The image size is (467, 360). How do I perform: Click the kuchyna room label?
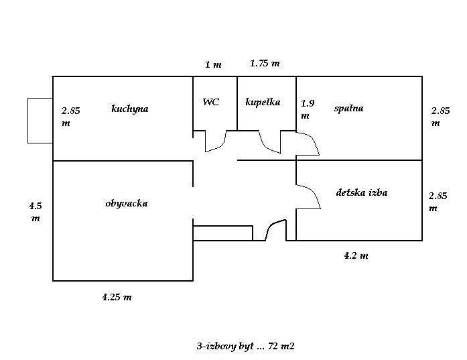[129, 109]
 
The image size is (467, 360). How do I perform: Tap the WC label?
[211, 102]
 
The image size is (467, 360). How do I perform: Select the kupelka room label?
[263, 102]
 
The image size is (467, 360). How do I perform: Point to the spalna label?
[348, 108]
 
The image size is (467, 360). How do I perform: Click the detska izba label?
[362, 192]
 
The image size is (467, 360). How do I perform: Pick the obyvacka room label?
[127, 204]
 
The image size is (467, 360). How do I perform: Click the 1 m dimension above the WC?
[213, 64]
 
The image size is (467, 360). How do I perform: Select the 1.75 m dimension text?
[265, 63]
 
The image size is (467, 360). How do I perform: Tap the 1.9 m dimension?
[308, 109]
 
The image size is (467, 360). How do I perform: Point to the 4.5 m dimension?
[36, 212]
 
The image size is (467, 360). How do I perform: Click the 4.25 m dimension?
[117, 297]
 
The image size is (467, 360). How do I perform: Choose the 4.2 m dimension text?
[356, 255]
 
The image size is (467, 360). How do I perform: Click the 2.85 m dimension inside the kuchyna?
[70, 117]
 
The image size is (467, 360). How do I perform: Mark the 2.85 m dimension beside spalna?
[440, 117]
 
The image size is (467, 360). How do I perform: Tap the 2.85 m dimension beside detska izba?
[438, 202]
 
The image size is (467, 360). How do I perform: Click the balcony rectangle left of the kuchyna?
[40, 121]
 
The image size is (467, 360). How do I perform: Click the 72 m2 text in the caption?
[281, 346]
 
